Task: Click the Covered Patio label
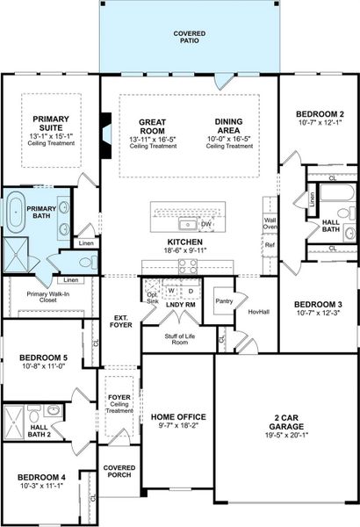tap(191, 37)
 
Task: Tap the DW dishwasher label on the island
tap(206, 224)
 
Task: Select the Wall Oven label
tap(270, 223)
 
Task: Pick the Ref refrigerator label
tap(270, 244)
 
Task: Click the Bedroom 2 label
tap(319, 114)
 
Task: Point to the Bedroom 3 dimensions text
tap(319, 313)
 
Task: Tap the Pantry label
tap(224, 301)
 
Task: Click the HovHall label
tap(258, 310)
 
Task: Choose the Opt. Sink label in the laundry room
tap(151, 297)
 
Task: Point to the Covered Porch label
tap(118, 472)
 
